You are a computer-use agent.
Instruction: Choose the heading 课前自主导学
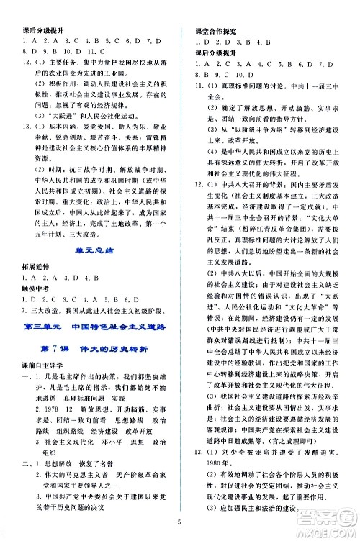point(39,366)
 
